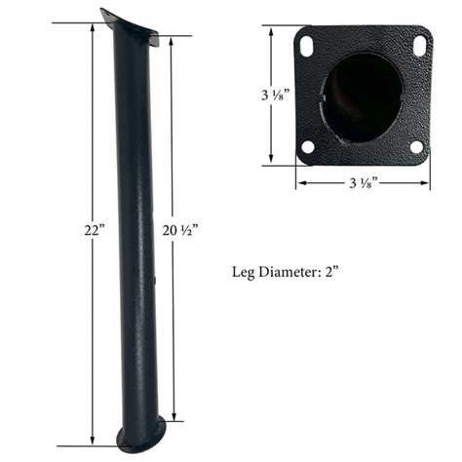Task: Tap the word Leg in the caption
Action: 246,272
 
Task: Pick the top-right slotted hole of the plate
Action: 419,45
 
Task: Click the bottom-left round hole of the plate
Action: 308,147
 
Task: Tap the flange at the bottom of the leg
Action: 140,437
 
